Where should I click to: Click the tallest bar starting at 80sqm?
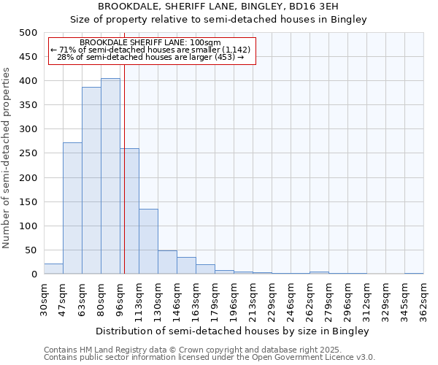[x=110, y=176]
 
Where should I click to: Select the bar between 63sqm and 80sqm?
[x=91, y=180]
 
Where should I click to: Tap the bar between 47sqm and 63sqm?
[x=72, y=208]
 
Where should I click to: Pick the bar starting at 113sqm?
[x=148, y=242]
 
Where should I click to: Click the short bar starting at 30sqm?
[x=53, y=269]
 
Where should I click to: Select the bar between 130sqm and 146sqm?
[x=167, y=262]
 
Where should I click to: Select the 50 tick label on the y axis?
[x=31, y=250]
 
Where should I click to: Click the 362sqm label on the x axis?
[x=423, y=299]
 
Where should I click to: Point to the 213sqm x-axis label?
[x=253, y=299]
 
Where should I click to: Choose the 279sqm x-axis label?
[x=328, y=299]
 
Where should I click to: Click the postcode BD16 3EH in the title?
[x=336, y=7]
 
